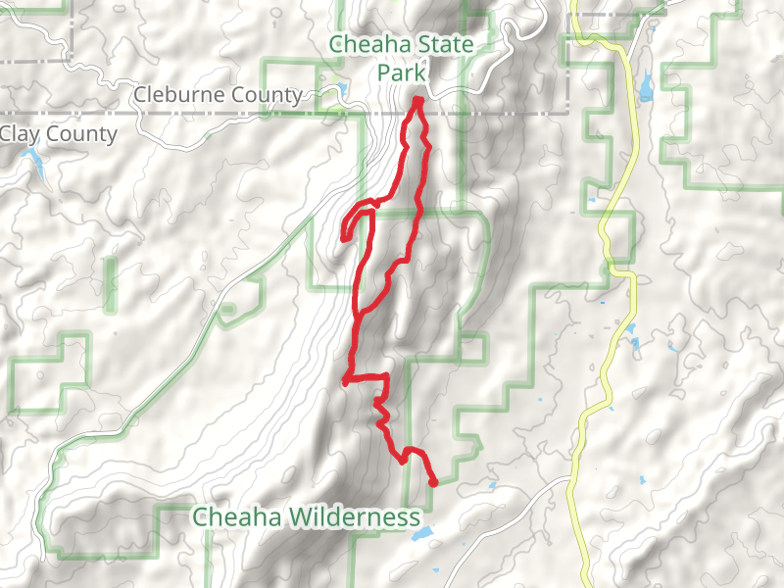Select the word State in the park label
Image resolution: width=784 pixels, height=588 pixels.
[x=442, y=45]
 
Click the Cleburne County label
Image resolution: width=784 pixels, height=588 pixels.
[x=217, y=96]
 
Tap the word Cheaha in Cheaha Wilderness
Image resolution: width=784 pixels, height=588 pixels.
[x=227, y=516]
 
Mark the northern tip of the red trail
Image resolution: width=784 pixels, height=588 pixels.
[x=417, y=101]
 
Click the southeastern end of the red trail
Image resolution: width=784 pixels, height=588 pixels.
[x=433, y=482]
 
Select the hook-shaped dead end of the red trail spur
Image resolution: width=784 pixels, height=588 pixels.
[x=344, y=236]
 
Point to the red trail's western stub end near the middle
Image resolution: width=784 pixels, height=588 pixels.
[x=345, y=382]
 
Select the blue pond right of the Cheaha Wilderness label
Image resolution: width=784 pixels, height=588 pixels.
[x=422, y=535]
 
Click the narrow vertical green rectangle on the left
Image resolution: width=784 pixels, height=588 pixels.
[x=108, y=285]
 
